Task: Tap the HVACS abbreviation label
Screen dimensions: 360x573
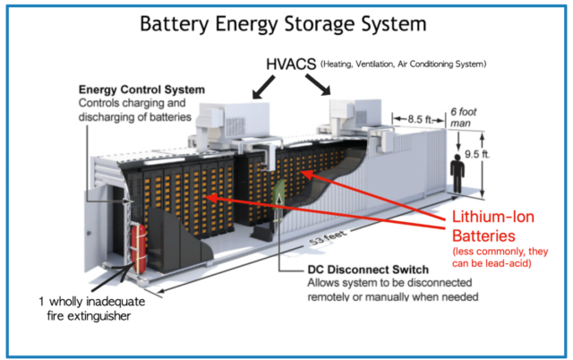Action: pyautogui.click(x=293, y=64)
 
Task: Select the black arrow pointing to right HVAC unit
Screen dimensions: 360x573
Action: pyautogui.click(x=321, y=87)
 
